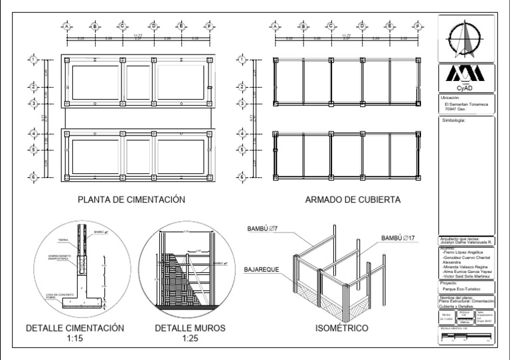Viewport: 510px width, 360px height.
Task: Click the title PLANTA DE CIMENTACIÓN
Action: click(131, 199)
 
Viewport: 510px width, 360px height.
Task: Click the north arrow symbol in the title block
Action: click(467, 37)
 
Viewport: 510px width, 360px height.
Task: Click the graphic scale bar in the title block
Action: click(467, 340)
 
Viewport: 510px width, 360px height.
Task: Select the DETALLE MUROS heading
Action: click(190, 328)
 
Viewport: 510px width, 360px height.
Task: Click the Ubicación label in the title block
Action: click(451, 98)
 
